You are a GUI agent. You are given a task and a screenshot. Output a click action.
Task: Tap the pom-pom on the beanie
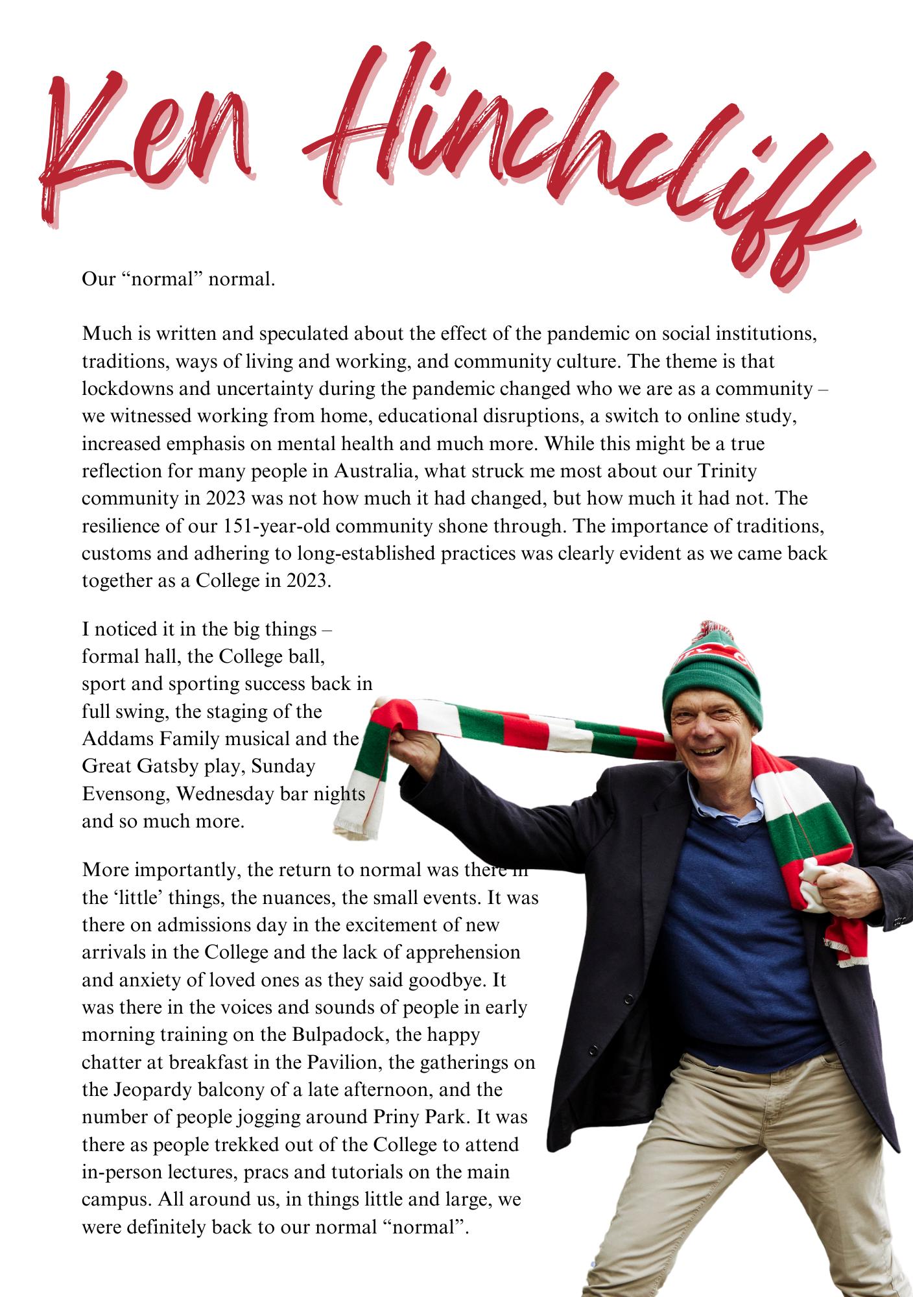[710, 632]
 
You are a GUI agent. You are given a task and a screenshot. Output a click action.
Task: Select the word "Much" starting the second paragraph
[104, 333]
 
